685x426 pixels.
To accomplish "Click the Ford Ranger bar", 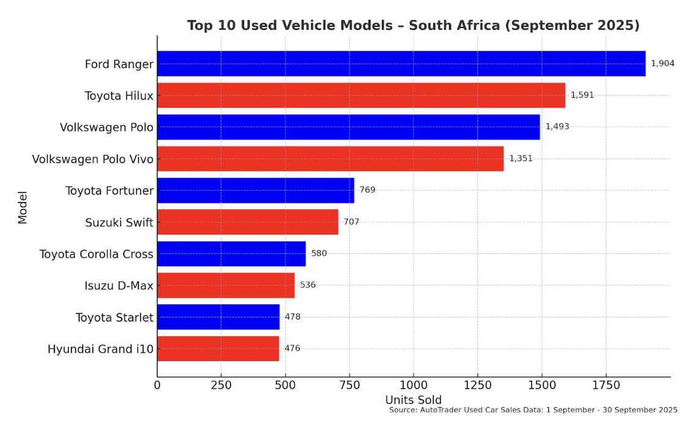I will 401,64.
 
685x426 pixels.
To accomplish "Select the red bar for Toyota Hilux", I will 361,95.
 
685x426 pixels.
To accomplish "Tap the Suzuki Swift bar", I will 248,222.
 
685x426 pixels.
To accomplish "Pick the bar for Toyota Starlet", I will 218,317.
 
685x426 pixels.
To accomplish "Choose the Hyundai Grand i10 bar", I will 218,349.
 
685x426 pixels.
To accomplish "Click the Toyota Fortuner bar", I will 256,190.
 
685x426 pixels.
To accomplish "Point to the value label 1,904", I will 663,64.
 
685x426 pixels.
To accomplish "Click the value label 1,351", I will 521,159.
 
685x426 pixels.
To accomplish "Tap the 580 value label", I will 319,253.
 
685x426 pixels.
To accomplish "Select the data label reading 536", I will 308,285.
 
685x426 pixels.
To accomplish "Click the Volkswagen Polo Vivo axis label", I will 93,159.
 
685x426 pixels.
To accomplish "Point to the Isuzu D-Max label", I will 119,286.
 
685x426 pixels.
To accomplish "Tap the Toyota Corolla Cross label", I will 96,254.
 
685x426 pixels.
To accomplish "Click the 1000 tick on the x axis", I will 413,386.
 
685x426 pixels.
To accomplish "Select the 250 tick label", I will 221,386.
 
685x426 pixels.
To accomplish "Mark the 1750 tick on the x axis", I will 606,386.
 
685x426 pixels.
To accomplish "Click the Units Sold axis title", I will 413,400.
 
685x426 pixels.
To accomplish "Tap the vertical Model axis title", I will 23,207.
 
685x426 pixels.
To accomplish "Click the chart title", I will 413,26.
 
